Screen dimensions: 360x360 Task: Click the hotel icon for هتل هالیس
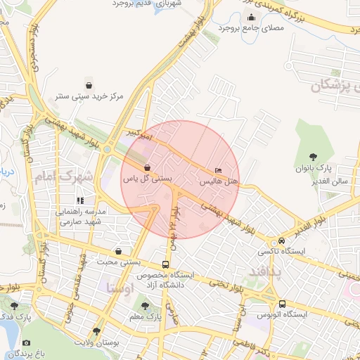[217, 171]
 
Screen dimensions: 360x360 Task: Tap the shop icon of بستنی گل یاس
[146, 168]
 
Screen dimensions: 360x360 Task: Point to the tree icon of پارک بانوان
[313, 157]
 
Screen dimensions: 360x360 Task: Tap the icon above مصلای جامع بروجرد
[252, 18]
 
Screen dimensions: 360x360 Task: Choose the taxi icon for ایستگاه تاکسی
[281, 240]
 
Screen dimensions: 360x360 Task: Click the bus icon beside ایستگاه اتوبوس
[282, 304]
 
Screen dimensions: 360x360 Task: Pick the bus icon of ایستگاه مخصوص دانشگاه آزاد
[165, 264]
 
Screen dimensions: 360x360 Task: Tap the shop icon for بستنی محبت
[117, 251]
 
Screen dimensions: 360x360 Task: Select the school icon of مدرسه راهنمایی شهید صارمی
[79, 200]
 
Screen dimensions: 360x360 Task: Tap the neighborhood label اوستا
[120, 287]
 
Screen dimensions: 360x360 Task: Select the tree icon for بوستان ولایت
[96, 330]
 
